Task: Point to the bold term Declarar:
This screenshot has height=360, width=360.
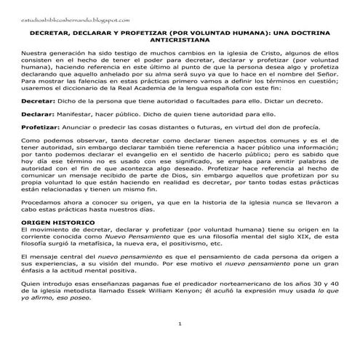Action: (x=37, y=114)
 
